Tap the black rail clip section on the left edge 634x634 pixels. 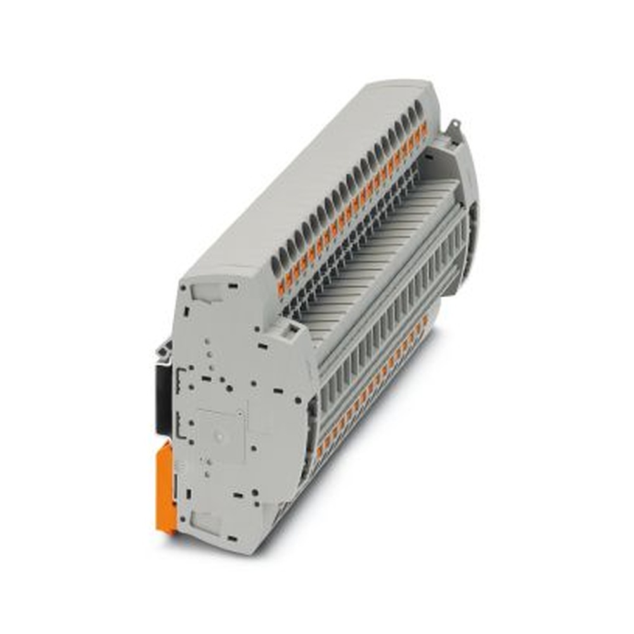pyautogui.click(x=164, y=393)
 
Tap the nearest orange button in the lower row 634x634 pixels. pyautogui.click(x=320, y=451)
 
